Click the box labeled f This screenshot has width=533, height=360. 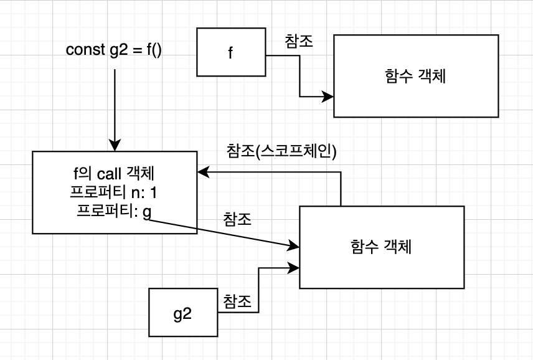[x=231, y=52]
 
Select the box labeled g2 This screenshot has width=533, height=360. [x=182, y=313]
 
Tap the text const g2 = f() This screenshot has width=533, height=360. [x=114, y=50]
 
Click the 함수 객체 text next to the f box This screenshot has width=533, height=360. [x=415, y=76]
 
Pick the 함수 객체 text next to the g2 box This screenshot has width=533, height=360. [x=381, y=247]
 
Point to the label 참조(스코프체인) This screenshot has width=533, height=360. [x=282, y=151]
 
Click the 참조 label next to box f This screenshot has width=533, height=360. [x=299, y=41]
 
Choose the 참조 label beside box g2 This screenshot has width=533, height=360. [x=237, y=302]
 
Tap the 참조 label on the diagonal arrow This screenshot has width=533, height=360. [x=237, y=220]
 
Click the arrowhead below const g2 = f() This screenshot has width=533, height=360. [x=115, y=145]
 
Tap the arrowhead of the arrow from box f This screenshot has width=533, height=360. [x=328, y=97]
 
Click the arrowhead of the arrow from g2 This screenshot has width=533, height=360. [x=294, y=268]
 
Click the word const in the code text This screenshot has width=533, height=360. [x=84, y=50]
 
